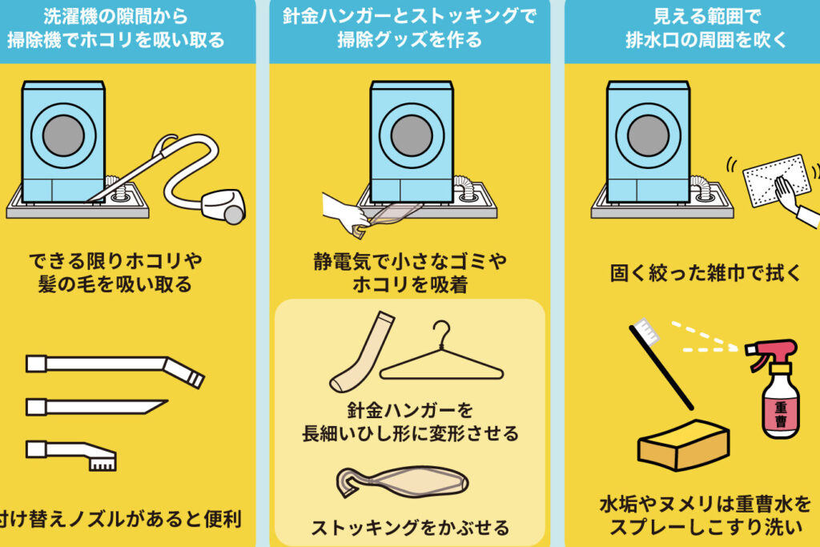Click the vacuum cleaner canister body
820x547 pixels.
[x=223, y=206]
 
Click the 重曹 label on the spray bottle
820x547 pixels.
[x=780, y=413]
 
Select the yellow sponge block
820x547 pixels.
[x=683, y=444]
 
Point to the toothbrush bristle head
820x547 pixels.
[x=643, y=332]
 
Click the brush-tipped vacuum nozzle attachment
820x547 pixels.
[x=71, y=454]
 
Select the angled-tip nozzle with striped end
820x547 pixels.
[x=115, y=368]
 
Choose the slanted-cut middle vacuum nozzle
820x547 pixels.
[x=97, y=407]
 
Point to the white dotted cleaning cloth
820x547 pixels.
[x=776, y=180]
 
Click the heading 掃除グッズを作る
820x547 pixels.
[x=409, y=40]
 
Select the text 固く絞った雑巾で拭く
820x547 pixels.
[x=705, y=273]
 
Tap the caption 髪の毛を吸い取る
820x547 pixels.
[x=115, y=284]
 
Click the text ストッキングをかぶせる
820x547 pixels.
[x=410, y=528]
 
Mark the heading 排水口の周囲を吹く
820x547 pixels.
[x=706, y=40]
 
